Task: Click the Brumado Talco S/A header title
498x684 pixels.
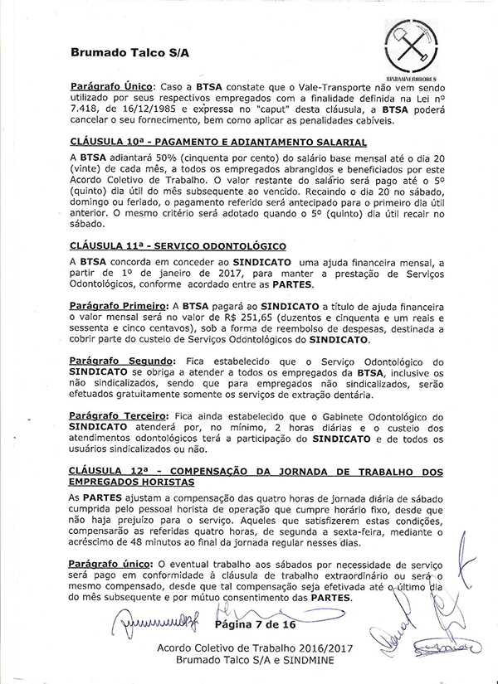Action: [129, 51]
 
